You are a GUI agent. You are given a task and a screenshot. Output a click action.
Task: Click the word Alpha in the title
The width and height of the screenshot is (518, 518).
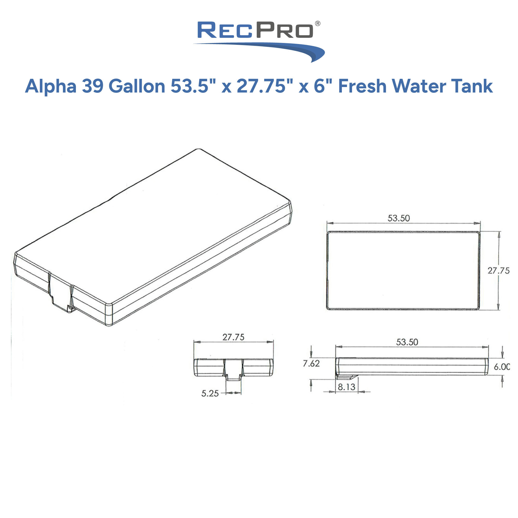pos(51,86)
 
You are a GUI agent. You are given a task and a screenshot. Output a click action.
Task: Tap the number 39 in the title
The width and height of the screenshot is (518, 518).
pos(93,86)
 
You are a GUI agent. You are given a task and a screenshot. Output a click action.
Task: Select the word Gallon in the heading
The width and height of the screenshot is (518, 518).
pos(137,86)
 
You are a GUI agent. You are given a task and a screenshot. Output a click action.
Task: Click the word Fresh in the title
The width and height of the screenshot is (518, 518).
pos(362,86)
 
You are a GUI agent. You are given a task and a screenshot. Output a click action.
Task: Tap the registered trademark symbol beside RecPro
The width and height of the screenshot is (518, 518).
pos(317,24)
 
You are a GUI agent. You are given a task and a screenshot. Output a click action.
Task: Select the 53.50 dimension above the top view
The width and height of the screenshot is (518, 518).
pos(399,218)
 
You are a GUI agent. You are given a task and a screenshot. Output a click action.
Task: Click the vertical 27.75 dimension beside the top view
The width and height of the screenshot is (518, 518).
pos(498,271)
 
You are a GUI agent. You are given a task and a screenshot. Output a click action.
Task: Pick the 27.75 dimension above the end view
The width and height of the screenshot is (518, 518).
pos(233,337)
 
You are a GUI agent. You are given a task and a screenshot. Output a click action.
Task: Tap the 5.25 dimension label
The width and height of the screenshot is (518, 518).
pos(210,393)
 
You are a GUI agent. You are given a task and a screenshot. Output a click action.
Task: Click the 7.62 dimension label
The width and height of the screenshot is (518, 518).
pos(311,364)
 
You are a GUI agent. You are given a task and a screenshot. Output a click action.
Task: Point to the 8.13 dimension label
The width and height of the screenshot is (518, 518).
pos(346,387)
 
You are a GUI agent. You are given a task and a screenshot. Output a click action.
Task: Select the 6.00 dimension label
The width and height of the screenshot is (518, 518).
pos(502,367)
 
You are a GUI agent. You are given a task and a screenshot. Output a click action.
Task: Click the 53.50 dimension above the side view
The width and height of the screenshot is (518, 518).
pos(407,342)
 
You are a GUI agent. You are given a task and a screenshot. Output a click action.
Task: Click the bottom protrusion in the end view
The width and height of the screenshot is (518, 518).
pos(233,377)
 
